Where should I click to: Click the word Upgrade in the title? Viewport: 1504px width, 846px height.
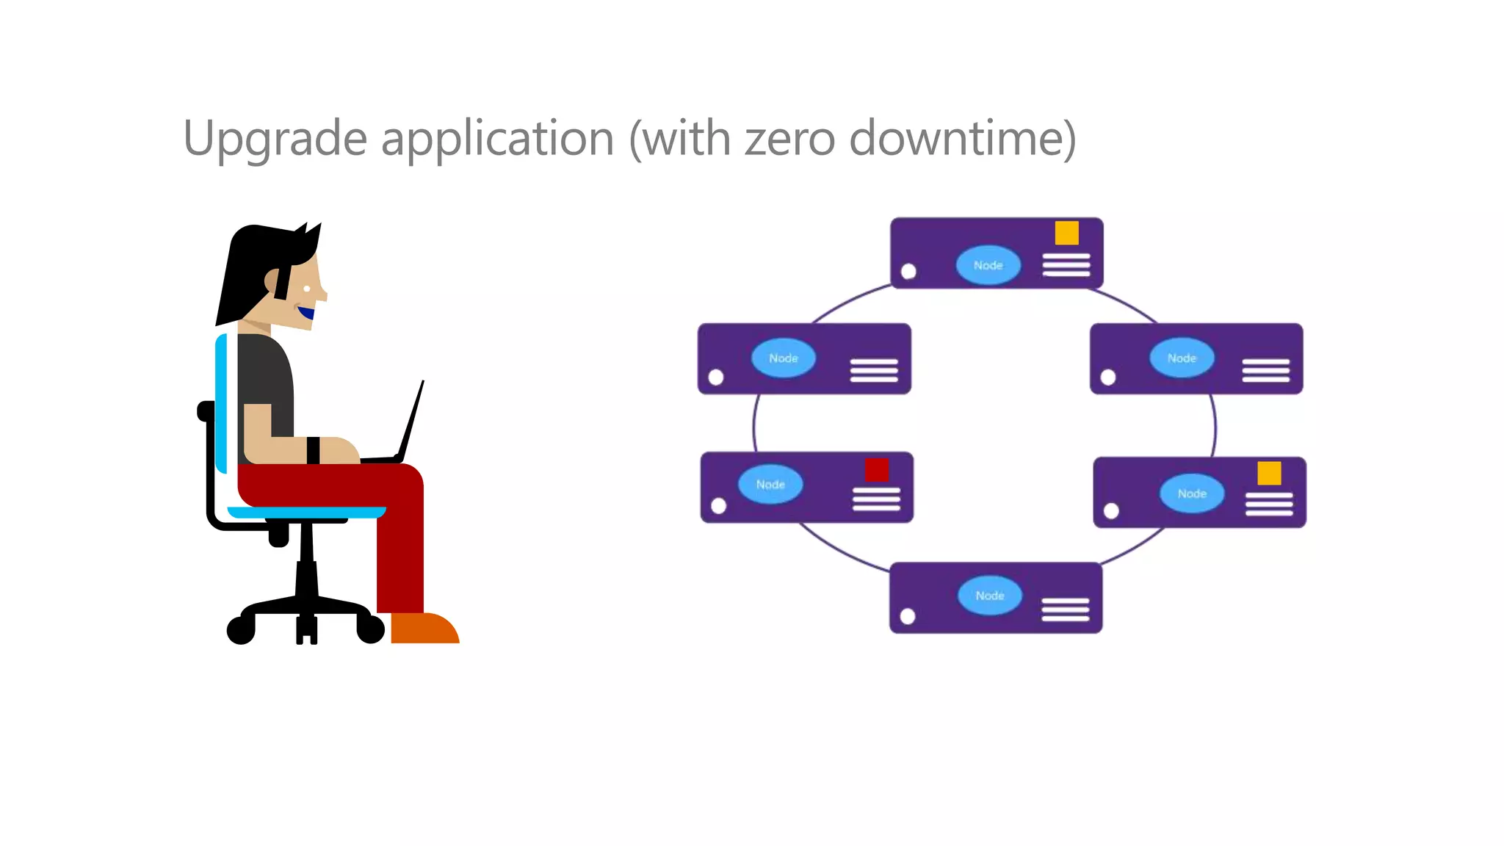pyautogui.click(x=275, y=140)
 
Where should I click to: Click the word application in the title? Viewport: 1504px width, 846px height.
pyautogui.click(x=497, y=140)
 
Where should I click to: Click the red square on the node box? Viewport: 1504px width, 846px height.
pyautogui.click(x=877, y=470)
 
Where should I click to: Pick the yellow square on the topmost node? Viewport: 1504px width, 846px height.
pyautogui.click(x=1066, y=233)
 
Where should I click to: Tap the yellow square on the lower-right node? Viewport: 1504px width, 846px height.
pyautogui.click(x=1269, y=474)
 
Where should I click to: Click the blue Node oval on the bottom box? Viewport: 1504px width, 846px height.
pyautogui.click(x=990, y=596)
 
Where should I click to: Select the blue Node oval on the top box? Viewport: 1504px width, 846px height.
pyautogui.click(x=988, y=265)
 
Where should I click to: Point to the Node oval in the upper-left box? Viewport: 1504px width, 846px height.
pyautogui.click(x=783, y=358)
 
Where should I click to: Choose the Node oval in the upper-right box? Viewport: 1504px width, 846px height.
pyautogui.click(x=1182, y=358)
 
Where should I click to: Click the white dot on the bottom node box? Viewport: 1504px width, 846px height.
pyautogui.click(x=908, y=616)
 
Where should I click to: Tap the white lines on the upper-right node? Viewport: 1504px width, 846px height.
pyautogui.click(x=1265, y=370)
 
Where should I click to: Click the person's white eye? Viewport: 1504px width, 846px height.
pyautogui.click(x=307, y=289)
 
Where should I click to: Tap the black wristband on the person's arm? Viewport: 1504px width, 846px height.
pyautogui.click(x=314, y=450)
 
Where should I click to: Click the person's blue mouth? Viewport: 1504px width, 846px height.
pyautogui.click(x=306, y=313)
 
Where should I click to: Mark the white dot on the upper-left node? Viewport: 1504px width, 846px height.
pyautogui.click(x=716, y=377)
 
